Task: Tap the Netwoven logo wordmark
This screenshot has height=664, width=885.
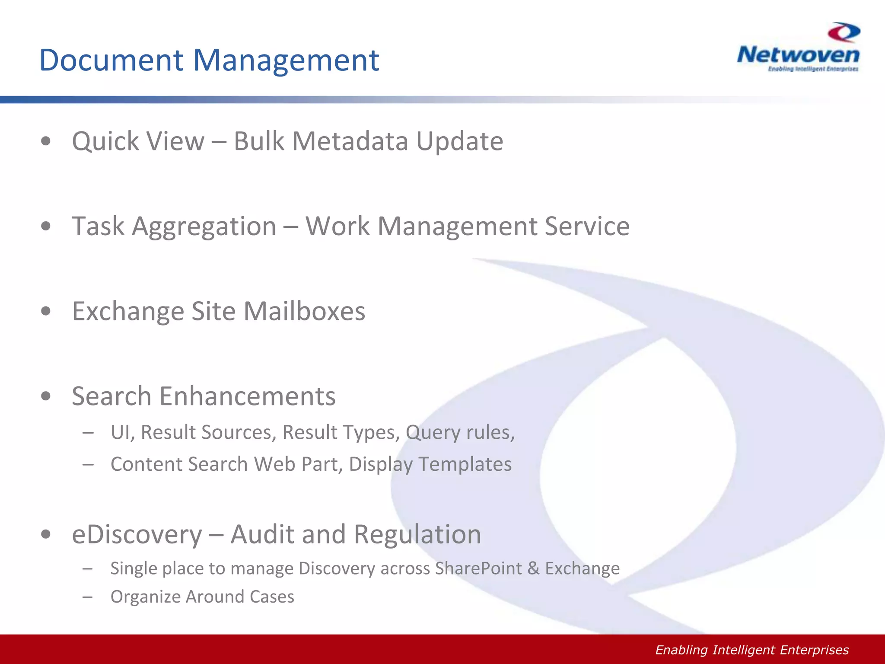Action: pos(798,55)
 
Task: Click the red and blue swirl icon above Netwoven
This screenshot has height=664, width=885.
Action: pos(844,32)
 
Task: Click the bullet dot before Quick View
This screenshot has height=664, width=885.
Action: pos(46,141)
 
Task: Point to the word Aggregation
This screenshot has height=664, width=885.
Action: pos(204,226)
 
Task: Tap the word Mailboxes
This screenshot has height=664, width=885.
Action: pos(304,311)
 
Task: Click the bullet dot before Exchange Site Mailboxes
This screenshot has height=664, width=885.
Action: pos(46,311)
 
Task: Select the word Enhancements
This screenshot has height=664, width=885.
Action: pos(247,396)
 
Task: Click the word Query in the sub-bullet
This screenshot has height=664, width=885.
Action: pos(433,433)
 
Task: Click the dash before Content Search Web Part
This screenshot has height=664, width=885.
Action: pos(88,464)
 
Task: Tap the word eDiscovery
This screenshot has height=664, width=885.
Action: pos(137,534)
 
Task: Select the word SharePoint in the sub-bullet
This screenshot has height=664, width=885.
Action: pos(478,568)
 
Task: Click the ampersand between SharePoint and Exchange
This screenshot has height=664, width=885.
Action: pos(534,568)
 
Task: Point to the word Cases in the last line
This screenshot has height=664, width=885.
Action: pos(272,597)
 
